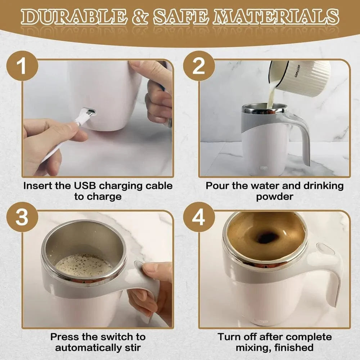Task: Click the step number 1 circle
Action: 22,67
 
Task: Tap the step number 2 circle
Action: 199,67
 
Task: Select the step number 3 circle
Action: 22,218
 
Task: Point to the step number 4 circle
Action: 199,218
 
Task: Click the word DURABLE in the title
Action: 72,17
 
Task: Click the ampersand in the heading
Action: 139,17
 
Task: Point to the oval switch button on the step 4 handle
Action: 325,249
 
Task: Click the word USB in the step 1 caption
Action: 84,186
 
